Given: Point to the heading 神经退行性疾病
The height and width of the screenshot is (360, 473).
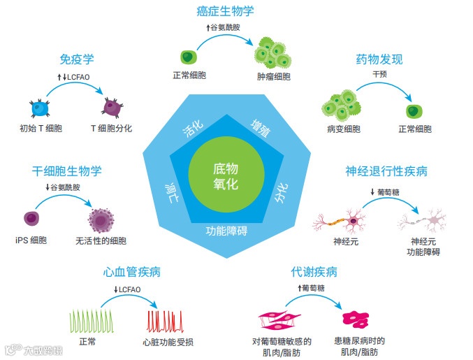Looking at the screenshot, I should pos(386,171).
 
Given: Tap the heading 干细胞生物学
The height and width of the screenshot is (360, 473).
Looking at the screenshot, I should pos(67,171).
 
